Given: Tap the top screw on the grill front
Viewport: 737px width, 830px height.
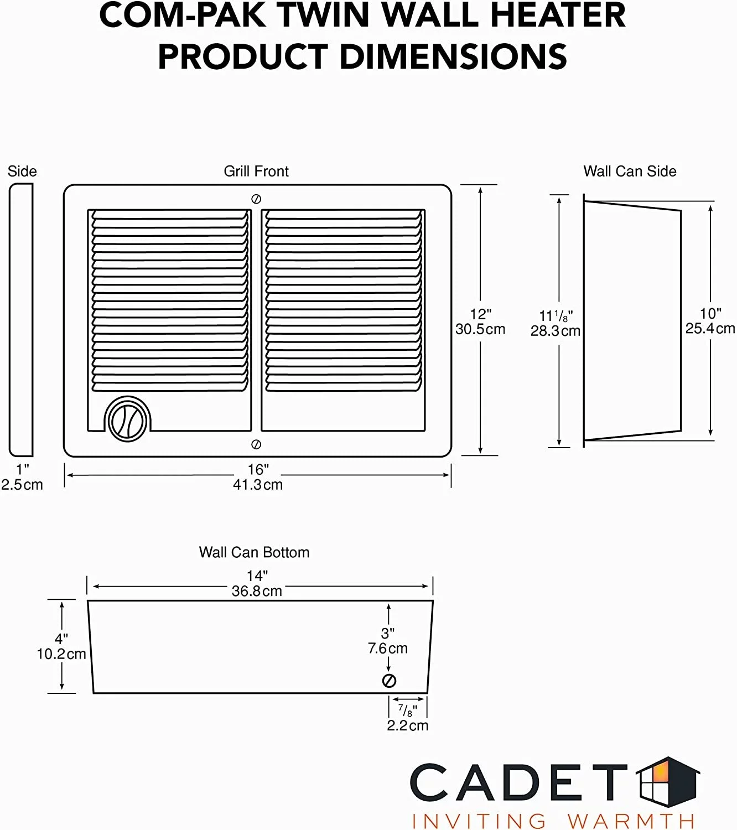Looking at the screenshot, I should (256, 199).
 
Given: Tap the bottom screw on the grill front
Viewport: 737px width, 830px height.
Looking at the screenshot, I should (256, 444).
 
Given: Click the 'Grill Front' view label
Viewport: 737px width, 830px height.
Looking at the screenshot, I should (256, 172).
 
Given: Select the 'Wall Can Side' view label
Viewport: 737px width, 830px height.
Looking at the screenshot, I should (630, 172).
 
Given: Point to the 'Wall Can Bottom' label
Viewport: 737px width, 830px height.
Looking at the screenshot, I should (254, 552).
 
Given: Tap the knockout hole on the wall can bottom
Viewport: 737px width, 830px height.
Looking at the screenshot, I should (389, 681).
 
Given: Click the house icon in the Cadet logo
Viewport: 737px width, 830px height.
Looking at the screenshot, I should (668, 782).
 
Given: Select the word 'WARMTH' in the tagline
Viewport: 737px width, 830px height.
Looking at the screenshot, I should (631, 821).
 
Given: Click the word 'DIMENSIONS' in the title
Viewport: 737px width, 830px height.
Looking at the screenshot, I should (453, 56).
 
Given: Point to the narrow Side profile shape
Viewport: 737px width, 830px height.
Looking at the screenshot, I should (21, 320).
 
